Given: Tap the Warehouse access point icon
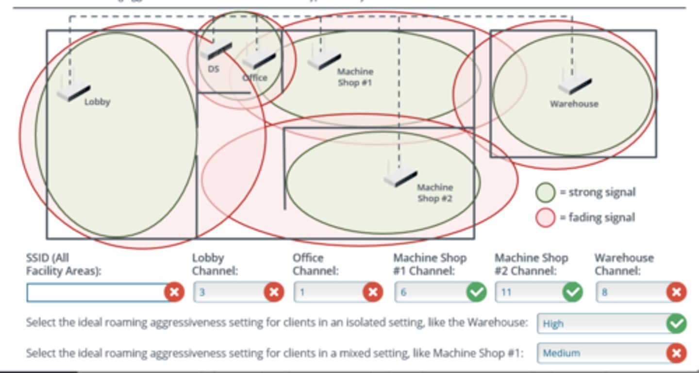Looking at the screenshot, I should click(574, 85).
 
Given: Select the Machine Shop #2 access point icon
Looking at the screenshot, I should click(400, 176).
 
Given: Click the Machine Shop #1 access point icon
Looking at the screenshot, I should click(323, 60).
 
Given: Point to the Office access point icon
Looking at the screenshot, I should click(258, 59).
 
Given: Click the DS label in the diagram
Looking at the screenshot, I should click(213, 69).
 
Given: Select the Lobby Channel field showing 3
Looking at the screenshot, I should click(228, 292).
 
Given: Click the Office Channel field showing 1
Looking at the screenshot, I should click(328, 292).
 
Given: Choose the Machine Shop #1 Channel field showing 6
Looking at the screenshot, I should click(429, 292).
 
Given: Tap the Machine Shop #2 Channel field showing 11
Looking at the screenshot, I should click(528, 292).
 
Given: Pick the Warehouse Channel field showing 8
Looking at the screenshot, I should click(630, 292).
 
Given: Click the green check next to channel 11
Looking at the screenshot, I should click(573, 292).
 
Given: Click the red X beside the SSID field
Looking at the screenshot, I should click(174, 292).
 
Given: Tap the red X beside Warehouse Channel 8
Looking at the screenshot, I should click(676, 292).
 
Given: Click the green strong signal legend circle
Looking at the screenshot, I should click(545, 192).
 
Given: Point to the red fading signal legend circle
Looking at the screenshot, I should click(545, 217).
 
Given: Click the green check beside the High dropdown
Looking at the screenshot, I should click(676, 323).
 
